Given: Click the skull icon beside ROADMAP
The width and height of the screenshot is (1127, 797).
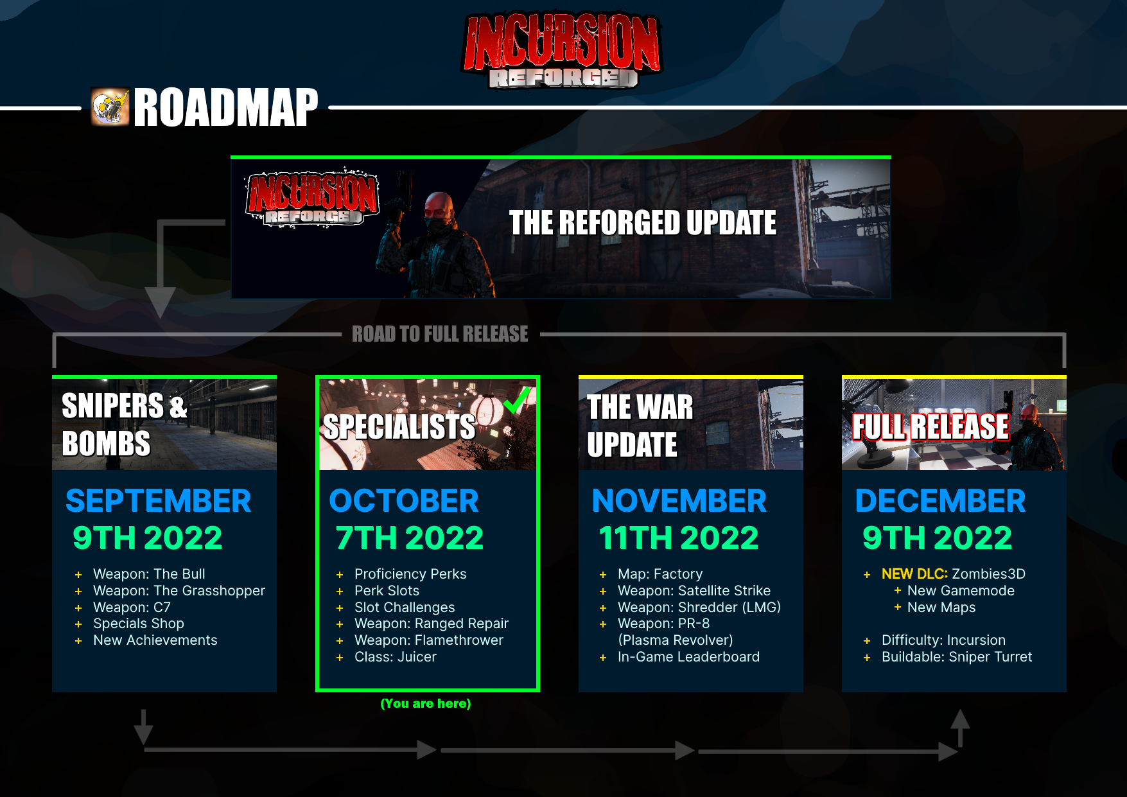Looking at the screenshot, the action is click(x=110, y=107).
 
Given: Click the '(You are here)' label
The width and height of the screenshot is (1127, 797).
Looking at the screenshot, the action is click(x=426, y=703).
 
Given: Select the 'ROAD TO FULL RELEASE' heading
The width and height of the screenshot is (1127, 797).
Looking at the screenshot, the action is click(x=440, y=334).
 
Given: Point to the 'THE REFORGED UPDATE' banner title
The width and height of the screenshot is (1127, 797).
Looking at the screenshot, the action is click(x=643, y=223).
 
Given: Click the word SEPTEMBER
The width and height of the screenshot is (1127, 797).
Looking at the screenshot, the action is click(x=158, y=501).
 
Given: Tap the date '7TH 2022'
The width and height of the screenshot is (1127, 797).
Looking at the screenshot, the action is click(x=410, y=538).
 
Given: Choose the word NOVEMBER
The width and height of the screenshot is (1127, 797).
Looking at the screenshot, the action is click(x=679, y=501).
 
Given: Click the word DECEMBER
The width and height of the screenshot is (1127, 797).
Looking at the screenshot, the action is click(x=941, y=501).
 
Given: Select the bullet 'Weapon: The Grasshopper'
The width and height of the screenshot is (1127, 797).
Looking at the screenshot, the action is click(x=179, y=591).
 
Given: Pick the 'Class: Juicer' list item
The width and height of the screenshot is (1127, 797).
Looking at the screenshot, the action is click(x=396, y=657).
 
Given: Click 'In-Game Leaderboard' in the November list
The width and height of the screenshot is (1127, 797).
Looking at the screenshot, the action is click(x=688, y=657).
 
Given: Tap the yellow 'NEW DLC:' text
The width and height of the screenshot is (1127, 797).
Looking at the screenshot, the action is click(x=914, y=574).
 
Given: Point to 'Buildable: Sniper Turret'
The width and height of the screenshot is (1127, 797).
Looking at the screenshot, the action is click(x=957, y=657).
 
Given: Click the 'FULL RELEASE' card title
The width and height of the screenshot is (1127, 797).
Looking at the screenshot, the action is click(x=930, y=426).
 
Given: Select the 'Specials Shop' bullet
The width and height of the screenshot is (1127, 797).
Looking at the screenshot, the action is click(x=139, y=624).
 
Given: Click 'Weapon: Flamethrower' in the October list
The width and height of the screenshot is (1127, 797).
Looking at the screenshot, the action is click(x=429, y=640).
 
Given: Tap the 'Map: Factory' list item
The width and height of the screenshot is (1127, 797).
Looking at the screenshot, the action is click(x=660, y=574).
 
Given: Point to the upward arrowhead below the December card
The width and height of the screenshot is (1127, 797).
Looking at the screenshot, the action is click(x=960, y=719).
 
